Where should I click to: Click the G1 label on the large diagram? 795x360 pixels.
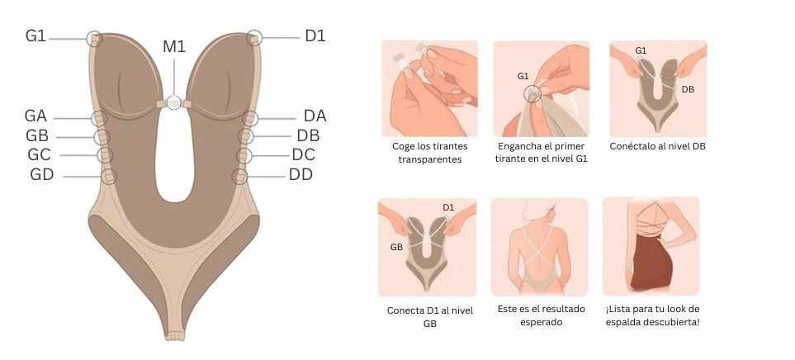pyautogui.click(x=35, y=36)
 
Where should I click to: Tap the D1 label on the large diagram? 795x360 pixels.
pyautogui.click(x=315, y=36)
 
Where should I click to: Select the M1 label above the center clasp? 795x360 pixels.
pyautogui.click(x=174, y=46)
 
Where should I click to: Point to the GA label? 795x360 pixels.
pyautogui.click(x=35, y=116)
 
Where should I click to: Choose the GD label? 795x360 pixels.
pyautogui.click(x=41, y=175)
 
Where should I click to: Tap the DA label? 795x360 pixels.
pyautogui.click(x=315, y=116)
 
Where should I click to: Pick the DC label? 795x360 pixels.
pyautogui.click(x=303, y=154)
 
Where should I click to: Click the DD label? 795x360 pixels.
pyautogui.click(x=300, y=175)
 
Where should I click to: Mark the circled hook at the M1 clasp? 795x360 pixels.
pyautogui.click(x=174, y=102)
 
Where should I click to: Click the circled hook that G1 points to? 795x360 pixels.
pyautogui.click(x=94, y=39)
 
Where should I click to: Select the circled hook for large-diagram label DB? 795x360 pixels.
pyautogui.click(x=246, y=136)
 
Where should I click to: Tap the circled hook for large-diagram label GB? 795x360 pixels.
pyautogui.click(x=102, y=136)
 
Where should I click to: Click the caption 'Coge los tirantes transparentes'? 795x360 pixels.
pyautogui.click(x=430, y=153)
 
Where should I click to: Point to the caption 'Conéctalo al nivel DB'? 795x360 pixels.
pyautogui.click(x=658, y=146)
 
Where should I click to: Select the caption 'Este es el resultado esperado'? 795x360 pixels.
pyautogui.click(x=541, y=315)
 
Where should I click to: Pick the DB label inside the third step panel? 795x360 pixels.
pyautogui.click(x=688, y=89)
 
